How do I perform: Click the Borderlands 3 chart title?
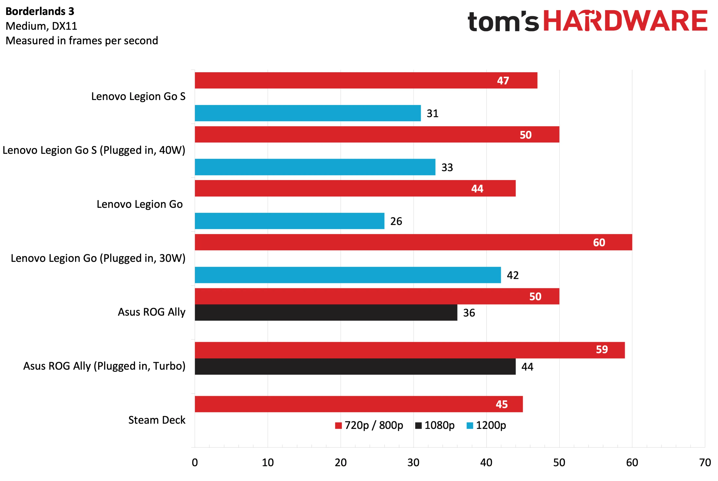(x=40, y=11)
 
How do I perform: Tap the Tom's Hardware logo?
(x=587, y=21)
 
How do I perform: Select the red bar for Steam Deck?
(x=359, y=404)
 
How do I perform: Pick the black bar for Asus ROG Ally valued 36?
(x=326, y=312)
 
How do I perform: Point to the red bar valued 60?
(x=413, y=242)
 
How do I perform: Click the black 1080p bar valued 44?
(x=355, y=366)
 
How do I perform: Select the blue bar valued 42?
(x=348, y=275)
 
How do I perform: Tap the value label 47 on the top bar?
(x=503, y=81)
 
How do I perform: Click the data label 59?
(x=602, y=349)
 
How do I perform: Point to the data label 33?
(x=447, y=167)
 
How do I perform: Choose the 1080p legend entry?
(x=435, y=425)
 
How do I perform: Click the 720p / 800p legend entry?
(x=369, y=425)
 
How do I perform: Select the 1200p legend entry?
(x=486, y=425)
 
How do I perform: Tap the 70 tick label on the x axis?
(x=705, y=462)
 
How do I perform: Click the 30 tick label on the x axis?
(x=413, y=462)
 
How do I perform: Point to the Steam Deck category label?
(x=157, y=420)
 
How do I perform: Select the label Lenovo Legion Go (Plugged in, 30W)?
(x=98, y=258)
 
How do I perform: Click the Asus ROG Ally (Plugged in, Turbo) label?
(x=104, y=366)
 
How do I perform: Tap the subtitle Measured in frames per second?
(x=82, y=41)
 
